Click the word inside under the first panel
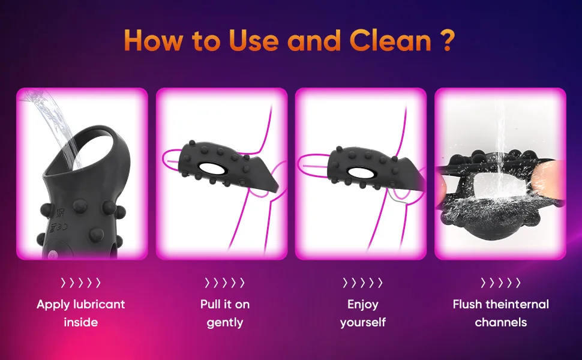click(x=81, y=322)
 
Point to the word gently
click(x=225, y=323)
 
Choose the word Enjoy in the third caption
click(x=362, y=305)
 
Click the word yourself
click(x=362, y=323)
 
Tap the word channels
click(x=501, y=322)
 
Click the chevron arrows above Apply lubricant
click(x=80, y=283)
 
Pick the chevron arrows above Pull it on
click(x=224, y=283)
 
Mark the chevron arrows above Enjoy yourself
click(x=362, y=283)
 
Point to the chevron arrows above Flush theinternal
click(x=501, y=283)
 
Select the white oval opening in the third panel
click(x=360, y=172)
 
